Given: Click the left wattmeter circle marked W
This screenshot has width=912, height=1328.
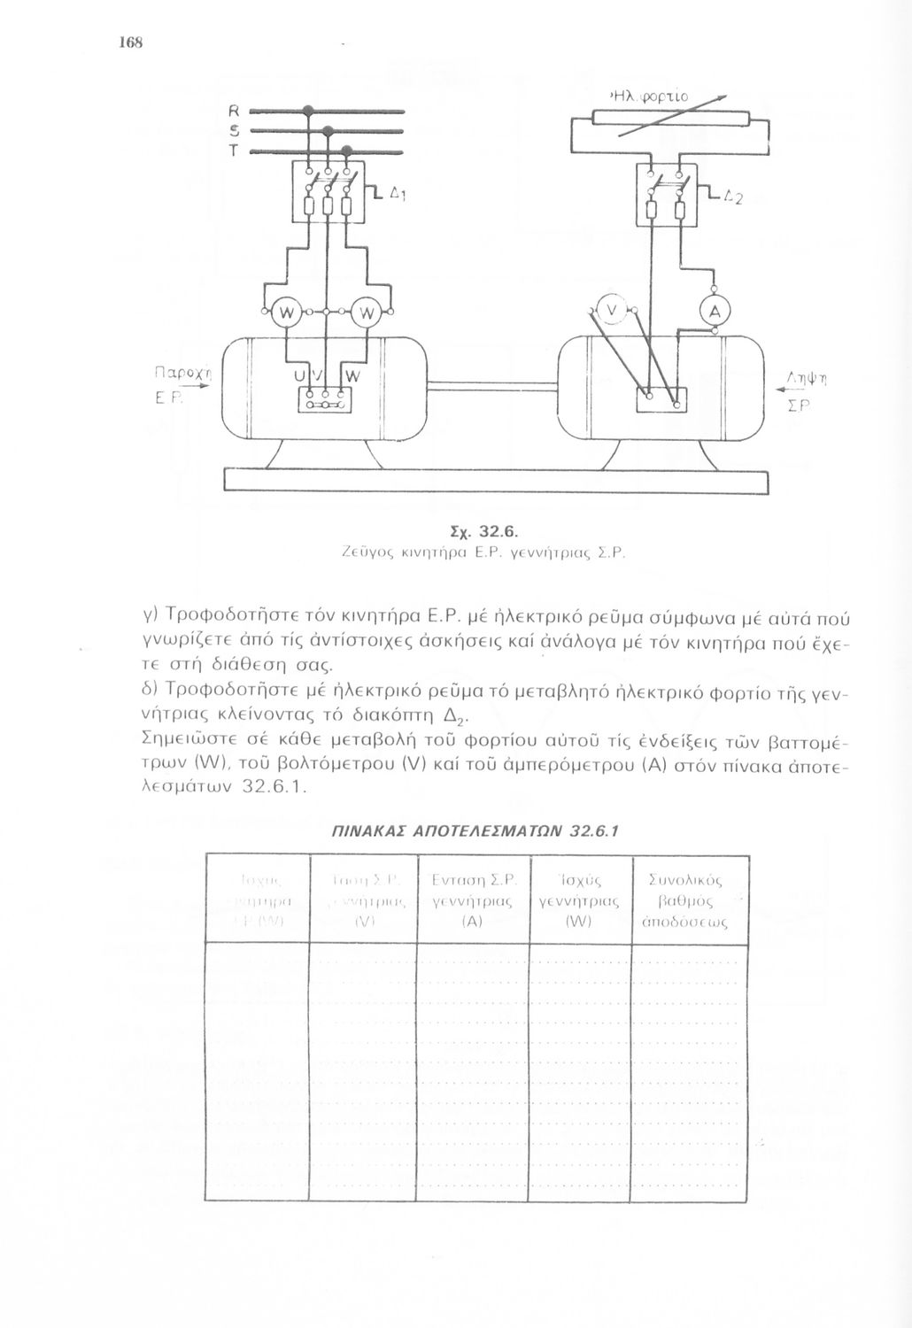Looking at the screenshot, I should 285,313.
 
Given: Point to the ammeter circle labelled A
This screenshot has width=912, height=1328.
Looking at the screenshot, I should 714,311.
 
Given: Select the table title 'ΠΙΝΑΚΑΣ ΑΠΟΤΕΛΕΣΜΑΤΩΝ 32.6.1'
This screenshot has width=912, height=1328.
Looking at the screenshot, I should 474,832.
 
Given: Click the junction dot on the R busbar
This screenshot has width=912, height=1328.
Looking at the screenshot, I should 308,111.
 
